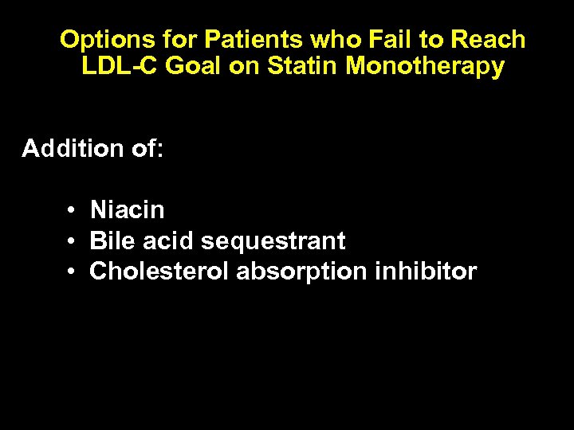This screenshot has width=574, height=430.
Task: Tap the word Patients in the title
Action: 250,40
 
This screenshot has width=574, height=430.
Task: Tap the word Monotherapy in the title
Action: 425,66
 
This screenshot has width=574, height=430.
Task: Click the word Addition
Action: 73,148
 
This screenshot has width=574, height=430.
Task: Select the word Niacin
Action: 128,210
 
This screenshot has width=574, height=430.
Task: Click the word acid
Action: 168,240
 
